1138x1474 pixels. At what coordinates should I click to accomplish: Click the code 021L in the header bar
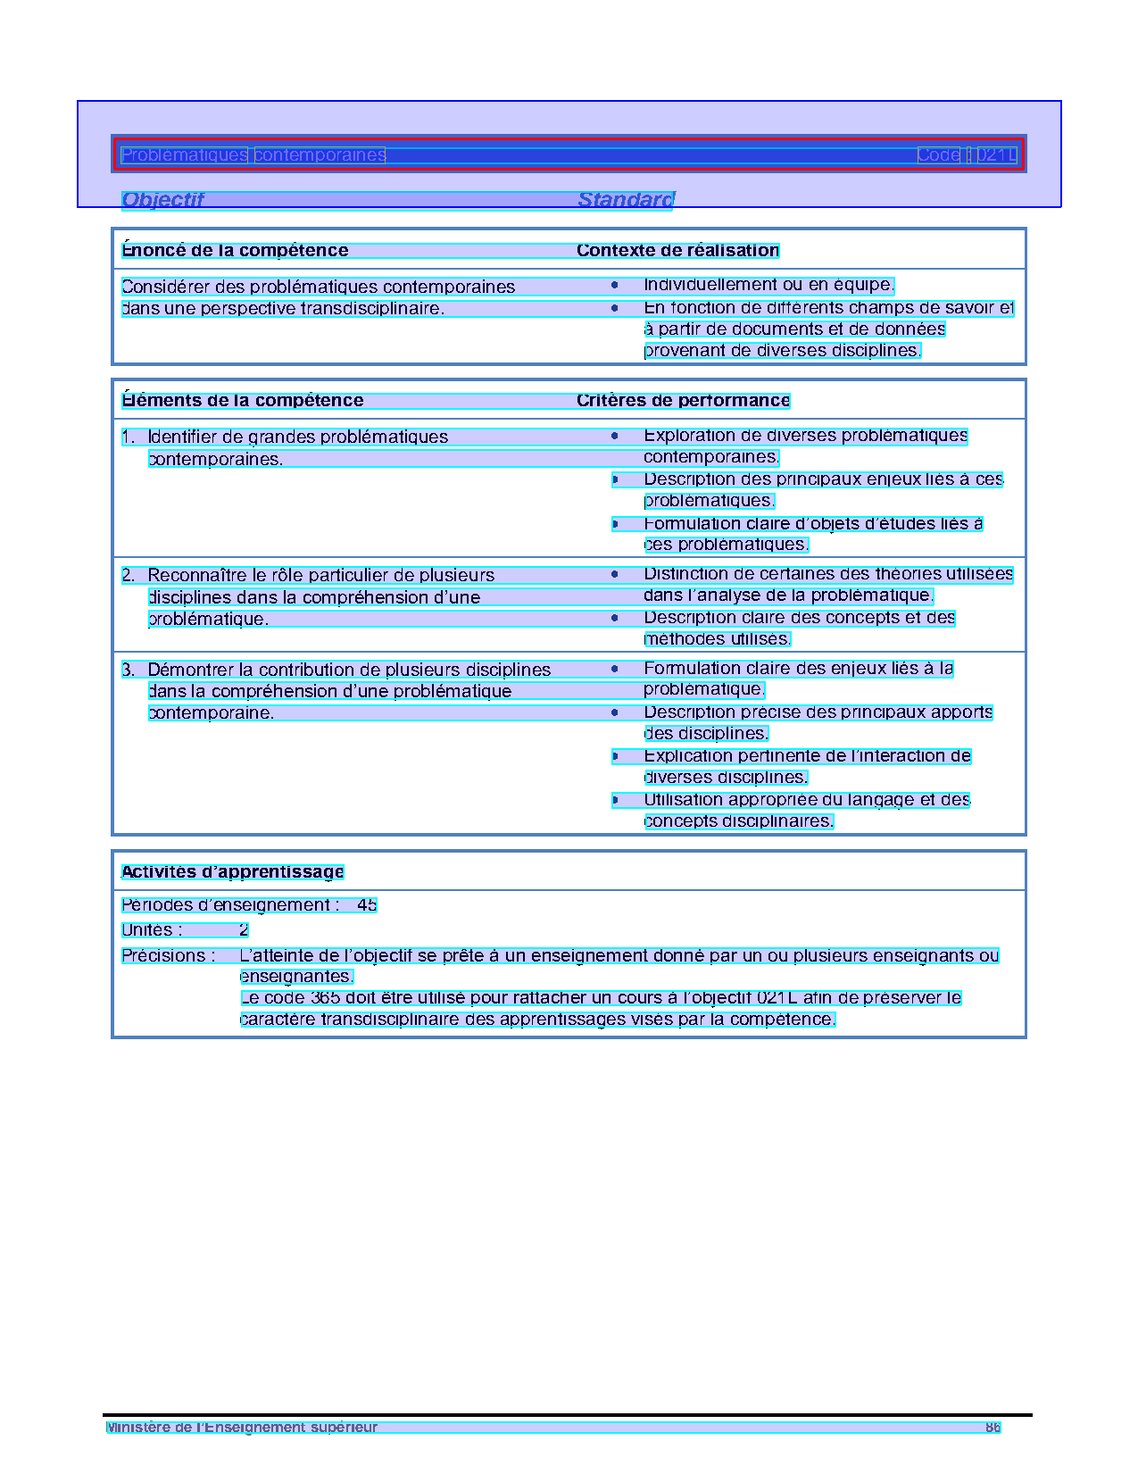click(x=996, y=155)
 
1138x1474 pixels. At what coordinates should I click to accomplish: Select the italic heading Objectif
click(x=162, y=200)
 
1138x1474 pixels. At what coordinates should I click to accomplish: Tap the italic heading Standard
click(x=626, y=200)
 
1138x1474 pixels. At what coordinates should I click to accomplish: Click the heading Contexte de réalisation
click(x=677, y=251)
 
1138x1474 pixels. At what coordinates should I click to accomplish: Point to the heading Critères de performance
click(x=683, y=401)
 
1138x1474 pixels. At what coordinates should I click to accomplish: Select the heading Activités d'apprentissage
click(x=232, y=872)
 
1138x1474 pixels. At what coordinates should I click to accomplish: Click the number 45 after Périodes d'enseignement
click(x=367, y=905)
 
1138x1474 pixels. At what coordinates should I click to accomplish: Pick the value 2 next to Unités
click(x=244, y=930)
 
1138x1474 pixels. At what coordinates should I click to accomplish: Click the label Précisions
click(x=168, y=956)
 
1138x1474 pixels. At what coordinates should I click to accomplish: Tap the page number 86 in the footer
click(x=993, y=1428)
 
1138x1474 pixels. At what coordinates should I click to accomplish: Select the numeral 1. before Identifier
click(x=129, y=437)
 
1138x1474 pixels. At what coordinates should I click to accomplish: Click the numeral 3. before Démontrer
click(x=129, y=670)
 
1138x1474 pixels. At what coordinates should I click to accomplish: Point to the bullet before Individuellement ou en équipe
click(x=615, y=286)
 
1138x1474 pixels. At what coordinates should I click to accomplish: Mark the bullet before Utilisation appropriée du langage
click(x=615, y=800)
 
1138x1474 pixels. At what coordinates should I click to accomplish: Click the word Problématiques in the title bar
click(x=184, y=155)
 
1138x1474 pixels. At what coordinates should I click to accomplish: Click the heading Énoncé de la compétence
click(x=235, y=251)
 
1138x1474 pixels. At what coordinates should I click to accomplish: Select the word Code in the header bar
click(x=939, y=155)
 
